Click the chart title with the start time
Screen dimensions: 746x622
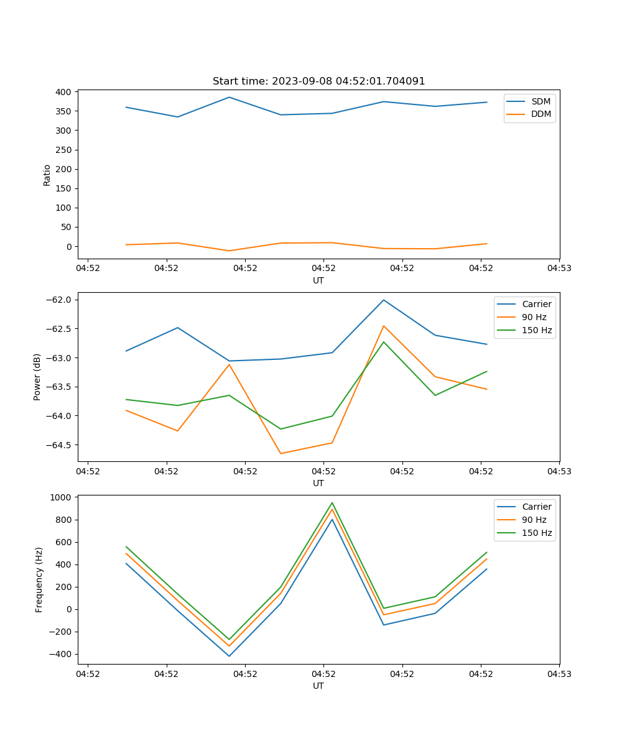click(318, 81)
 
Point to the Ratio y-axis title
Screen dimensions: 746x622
click(47, 174)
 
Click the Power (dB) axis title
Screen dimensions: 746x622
click(37, 377)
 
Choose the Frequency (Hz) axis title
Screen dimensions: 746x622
click(39, 579)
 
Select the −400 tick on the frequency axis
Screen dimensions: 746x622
click(61, 654)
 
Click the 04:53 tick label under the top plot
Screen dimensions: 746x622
click(559, 269)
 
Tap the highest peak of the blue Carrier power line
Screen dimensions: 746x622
click(384, 300)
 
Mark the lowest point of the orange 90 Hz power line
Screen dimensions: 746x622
click(281, 453)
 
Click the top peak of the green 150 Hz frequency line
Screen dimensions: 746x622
click(332, 502)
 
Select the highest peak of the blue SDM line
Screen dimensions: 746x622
click(229, 97)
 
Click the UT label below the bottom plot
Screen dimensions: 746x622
click(318, 686)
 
